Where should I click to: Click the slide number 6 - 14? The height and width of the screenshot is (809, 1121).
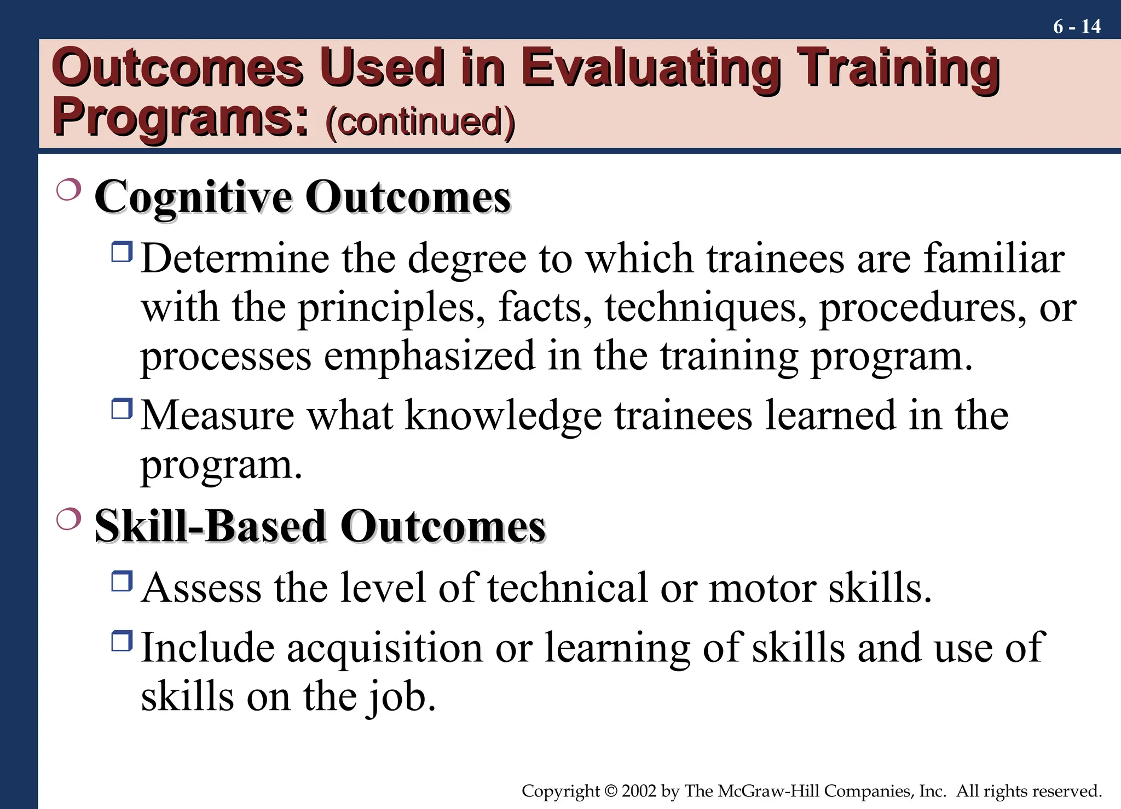[1076, 26]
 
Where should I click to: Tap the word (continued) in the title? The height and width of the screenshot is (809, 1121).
[420, 121]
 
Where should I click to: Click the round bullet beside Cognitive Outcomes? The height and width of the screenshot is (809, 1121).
[68, 189]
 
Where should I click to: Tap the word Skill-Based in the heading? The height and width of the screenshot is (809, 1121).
[211, 526]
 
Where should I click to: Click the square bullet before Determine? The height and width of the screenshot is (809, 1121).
[122, 252]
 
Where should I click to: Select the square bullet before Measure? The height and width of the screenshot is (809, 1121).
[122, 409]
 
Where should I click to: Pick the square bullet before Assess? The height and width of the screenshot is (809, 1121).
[122, 581]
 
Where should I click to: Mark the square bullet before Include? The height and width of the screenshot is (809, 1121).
[122, 641]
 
